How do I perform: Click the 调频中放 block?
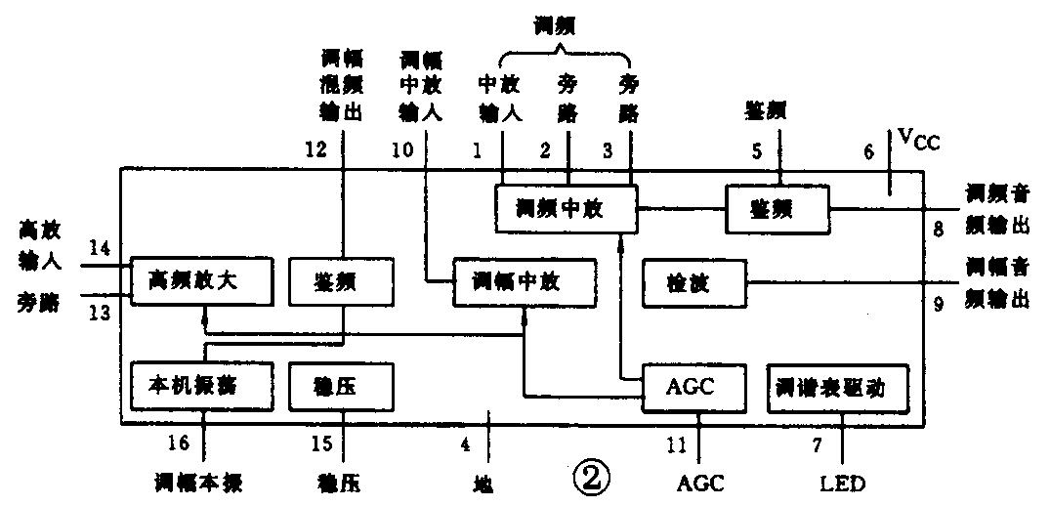[566, 208]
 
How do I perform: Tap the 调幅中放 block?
[525, 282]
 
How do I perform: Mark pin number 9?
[938, 305]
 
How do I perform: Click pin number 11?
[678, 444]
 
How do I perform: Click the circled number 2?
[593, 478]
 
